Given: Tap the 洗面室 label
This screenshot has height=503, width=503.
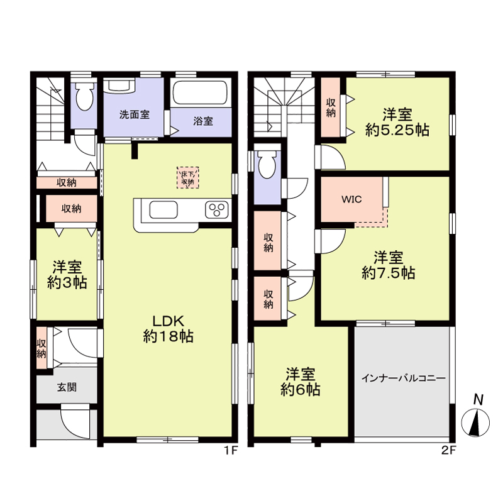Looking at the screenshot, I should coord(135,115).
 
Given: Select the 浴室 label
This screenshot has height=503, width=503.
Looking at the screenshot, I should coord(203,121).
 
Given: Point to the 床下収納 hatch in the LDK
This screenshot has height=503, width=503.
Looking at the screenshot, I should coord(188,177).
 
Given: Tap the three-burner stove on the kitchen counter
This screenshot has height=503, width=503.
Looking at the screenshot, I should coord(218,209).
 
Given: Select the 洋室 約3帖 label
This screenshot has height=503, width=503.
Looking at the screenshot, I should coord(67,274).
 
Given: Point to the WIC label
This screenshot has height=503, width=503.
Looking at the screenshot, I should coord(351,199).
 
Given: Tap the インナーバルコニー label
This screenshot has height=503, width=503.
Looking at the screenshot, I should coord(403,379).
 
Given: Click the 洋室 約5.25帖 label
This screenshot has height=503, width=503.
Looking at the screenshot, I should coord(397,123).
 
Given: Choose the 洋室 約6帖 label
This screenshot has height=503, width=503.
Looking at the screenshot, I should coord(300,382).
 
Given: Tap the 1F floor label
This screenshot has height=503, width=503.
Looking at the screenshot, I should coord(231,450).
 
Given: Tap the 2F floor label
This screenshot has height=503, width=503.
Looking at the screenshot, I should coord(448,450).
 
